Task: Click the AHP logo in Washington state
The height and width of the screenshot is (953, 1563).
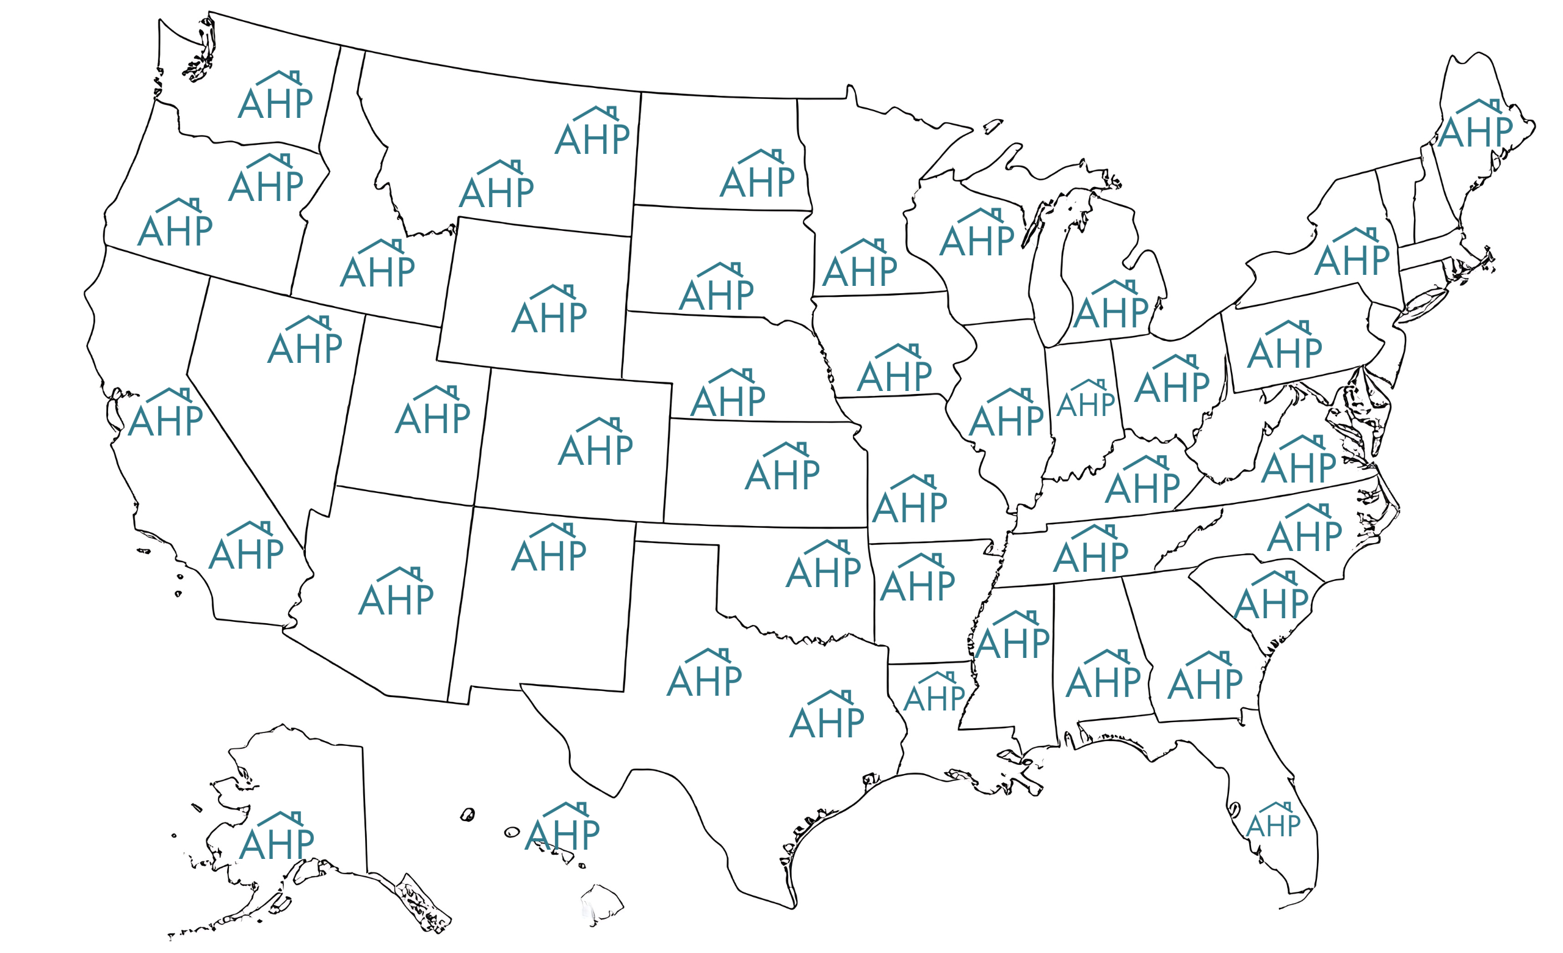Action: pyautogui.click(x=275, y=97)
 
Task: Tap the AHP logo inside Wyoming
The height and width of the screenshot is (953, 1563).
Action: pyautogui.click(x=549, y=310)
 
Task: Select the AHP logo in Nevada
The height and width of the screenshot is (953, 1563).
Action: pyautogui.click(x=305, y=341)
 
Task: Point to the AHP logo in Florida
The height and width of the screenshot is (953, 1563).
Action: pyautogui.click(x=1273, y=820)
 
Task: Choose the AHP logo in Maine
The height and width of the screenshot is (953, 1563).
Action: pyautogui.click(x=1476, y=125)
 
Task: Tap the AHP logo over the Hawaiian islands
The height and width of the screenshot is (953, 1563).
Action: pyautogui.click(x=563, y=827)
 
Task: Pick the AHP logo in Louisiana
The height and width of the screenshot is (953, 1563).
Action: pyautogui.click(x=934, y=693)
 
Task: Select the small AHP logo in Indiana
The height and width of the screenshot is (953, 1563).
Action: pyautogui.click(x=1086, y=399)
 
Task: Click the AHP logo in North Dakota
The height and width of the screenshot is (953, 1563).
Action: pyautogui.click(x=758, y=175)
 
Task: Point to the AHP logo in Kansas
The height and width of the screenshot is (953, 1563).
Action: pyautogui.click(x=783, y=468)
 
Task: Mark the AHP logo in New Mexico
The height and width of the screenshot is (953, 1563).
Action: pyautogui.click(x=549, y=549)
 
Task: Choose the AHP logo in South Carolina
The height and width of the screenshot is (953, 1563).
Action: pyautogui.click(x=1271, y=596)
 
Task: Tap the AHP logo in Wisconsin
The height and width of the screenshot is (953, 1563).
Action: pyautogui.click(x=977, y=233)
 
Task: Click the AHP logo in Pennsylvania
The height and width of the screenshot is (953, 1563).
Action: pyautogui.click(x=1285, y=346)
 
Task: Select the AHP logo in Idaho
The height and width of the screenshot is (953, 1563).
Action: pyautogui.click(x=377, y=265)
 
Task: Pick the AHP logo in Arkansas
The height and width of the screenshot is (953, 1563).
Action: pyautogui.click(x=918, y=579)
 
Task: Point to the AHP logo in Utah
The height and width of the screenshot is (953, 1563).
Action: pyautogui.click(x=433, y=411)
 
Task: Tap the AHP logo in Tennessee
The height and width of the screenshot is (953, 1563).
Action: pyautogui.click(x=1091, y=550)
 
